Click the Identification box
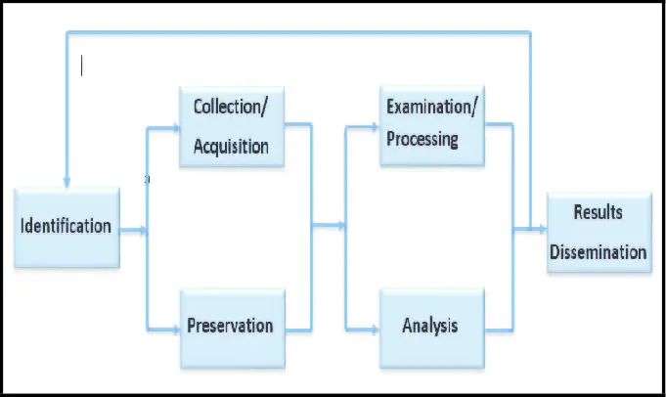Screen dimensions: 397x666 point(67,227)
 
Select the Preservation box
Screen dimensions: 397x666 point(231,327)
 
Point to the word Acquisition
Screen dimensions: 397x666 point(231,147)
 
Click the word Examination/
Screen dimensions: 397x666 point(432,106)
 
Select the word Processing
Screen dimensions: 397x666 point(422,139)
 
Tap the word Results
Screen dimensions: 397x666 point(598,212)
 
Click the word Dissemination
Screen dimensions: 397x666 point(598,252)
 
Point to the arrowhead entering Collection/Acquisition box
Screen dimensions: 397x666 point(174,127)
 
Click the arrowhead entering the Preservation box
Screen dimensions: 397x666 point(174,329)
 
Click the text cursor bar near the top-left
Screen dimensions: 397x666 point(82,66)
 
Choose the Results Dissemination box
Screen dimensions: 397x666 point(598,233)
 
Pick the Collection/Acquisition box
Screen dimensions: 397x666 point(231,126)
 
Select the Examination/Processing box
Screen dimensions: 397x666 point(431,123)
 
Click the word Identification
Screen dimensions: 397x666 point(67,227)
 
